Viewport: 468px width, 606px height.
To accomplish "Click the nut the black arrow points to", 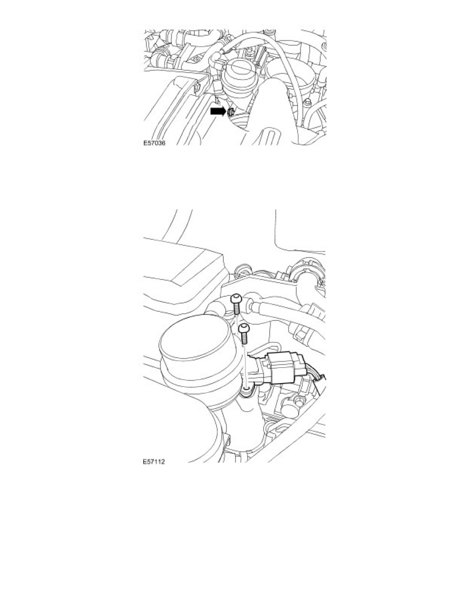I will tap(230, 112).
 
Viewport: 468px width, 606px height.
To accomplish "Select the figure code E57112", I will tap(154, 464).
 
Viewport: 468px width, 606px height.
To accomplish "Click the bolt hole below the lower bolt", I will tap(247, 391).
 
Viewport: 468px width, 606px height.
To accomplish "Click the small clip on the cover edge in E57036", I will tap(196, 90).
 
